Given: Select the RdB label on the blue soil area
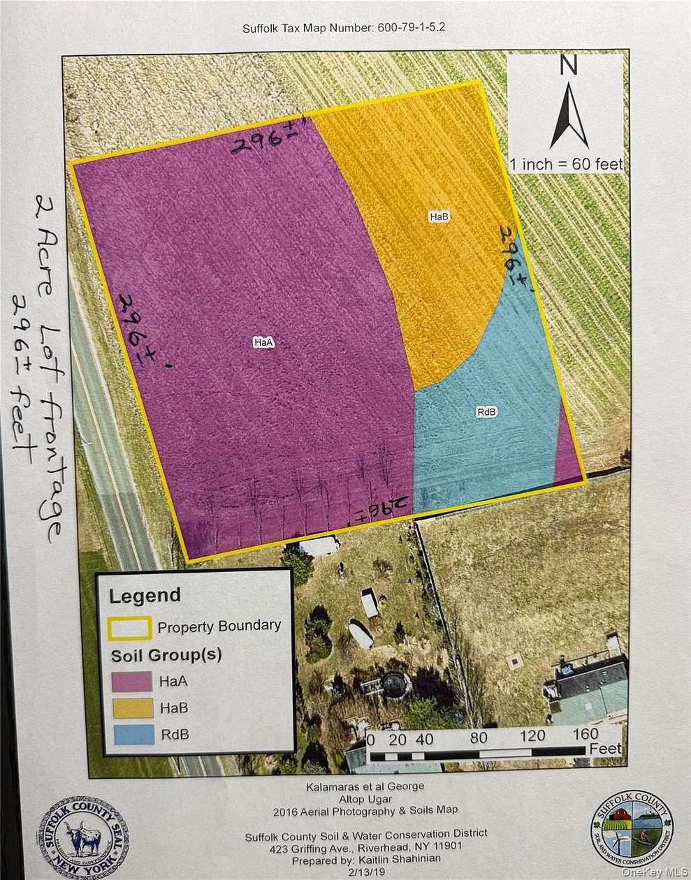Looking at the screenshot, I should (x=486, y=411).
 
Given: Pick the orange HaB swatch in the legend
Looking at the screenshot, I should (x=131, y=707).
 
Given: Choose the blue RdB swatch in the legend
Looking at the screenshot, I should (x=131, y=733).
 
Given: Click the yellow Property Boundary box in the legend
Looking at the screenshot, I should (x=130, y=626).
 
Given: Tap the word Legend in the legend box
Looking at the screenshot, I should (x=145, y=596).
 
